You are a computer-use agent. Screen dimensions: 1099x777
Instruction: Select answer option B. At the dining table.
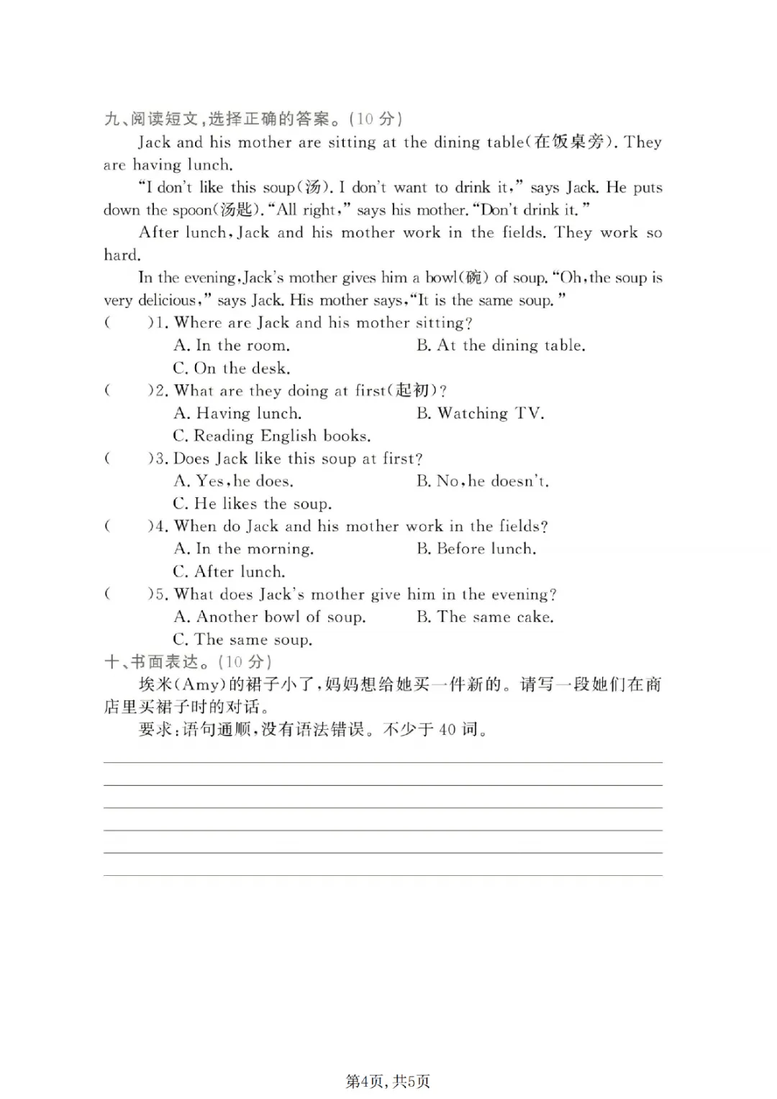click(x=500, y=345)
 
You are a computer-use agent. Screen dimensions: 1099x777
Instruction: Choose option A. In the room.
click(x=232, y=345)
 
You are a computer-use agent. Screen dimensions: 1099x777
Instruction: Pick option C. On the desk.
click(x=232, y=368)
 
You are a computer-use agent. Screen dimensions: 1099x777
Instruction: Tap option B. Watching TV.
click(x=480, y=413)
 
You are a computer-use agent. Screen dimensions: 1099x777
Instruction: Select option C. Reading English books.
click(x=272, y=436)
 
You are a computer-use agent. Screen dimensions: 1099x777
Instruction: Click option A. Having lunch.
click(x=237, y=413)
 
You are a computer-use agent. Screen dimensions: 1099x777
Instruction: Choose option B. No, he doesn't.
click(x=482, y=481)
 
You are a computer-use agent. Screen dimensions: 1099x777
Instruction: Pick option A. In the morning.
click(x=244, y=548)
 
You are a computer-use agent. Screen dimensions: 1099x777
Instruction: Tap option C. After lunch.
click(x=229, y=571)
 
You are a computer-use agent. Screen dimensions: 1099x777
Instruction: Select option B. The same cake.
click(x=485, y=617)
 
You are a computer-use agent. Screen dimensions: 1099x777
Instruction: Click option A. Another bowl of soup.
click(x=270, y=617)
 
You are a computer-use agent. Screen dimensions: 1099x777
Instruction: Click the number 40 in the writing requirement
click(x=447, y=730)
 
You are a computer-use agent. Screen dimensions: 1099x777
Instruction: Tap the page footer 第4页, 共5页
click(x=388, y=1081)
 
